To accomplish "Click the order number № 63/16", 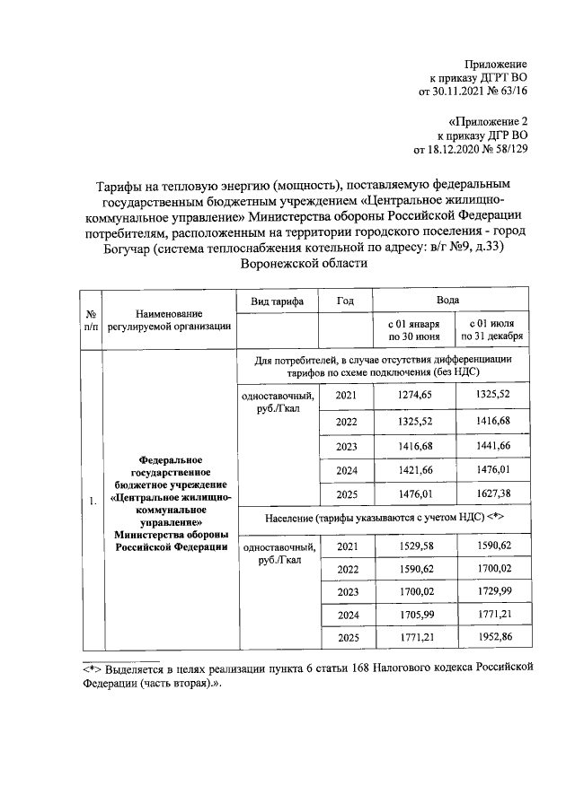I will point(503,91).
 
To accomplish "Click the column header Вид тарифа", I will point(278,301).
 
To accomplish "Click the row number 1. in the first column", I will point(92,501).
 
